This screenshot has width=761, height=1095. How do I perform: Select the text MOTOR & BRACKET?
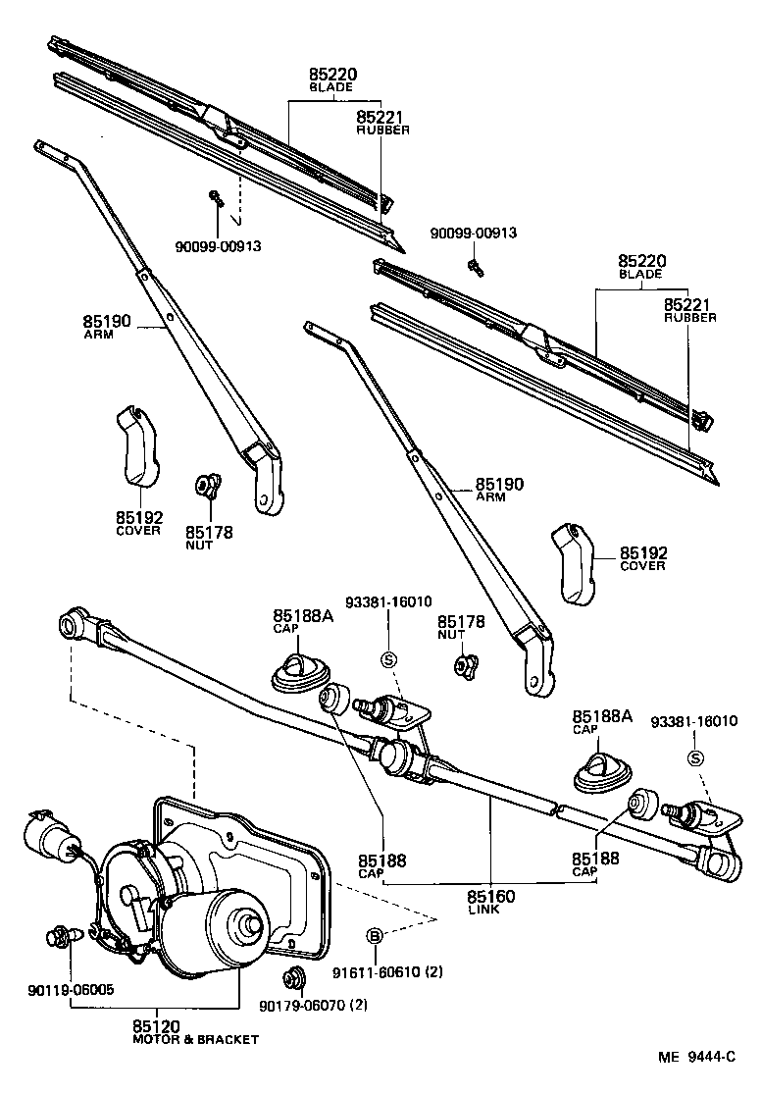[196, 1039]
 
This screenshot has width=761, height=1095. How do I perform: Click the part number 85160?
[490, 896]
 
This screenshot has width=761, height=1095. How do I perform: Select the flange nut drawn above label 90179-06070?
[291, 977]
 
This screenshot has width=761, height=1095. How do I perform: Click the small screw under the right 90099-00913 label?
[475, 264]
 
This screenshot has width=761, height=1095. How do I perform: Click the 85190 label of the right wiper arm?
[500, 485]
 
